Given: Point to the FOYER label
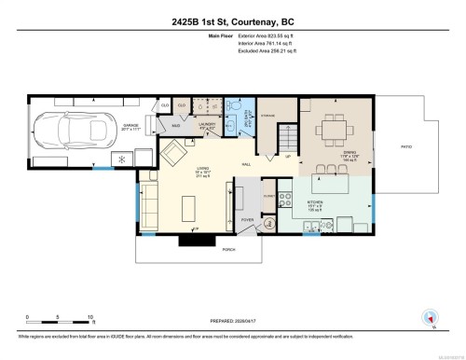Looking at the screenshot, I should click(x=247, y=220).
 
